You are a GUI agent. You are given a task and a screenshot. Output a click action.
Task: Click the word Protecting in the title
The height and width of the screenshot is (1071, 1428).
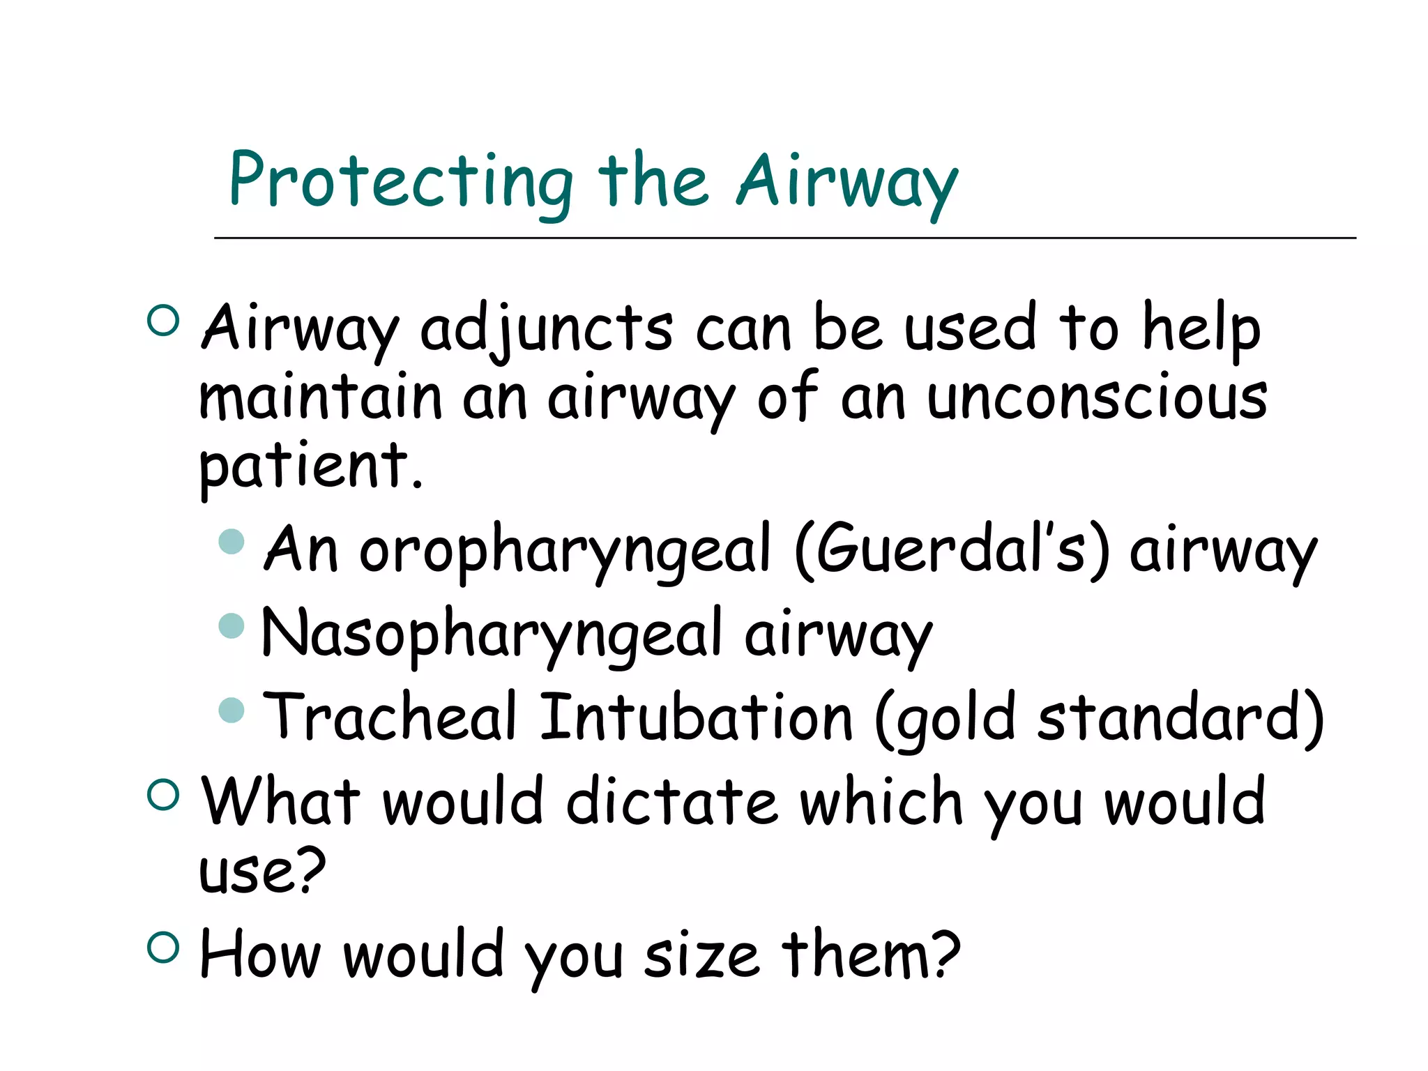tap(400, 183)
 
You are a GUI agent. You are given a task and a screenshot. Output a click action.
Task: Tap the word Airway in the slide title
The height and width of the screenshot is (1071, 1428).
tap(847, 183)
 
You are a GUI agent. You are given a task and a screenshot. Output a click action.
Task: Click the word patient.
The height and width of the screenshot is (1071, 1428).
tap(311, 466)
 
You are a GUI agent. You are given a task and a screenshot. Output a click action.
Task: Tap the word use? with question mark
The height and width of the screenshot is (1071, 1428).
tap(262, 872)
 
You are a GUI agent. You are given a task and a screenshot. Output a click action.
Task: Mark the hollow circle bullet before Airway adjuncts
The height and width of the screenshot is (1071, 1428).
tap(164, 321)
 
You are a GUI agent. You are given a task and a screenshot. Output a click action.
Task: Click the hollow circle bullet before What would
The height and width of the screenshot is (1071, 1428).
tap(164, 794)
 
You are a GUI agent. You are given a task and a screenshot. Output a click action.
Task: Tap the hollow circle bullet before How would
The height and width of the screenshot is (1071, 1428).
tap(164, 948)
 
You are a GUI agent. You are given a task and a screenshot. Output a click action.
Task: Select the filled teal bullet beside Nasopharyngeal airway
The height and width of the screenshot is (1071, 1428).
tap(231, 625)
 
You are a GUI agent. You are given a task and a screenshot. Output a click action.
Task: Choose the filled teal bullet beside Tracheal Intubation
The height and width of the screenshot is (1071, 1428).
tap(231, 710)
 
